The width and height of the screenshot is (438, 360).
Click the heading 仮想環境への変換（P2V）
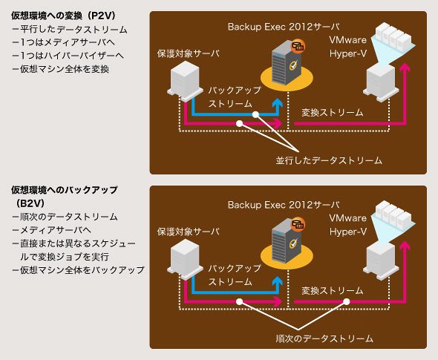click(63, 16)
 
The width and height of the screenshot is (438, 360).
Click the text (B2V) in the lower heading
click(30, 203)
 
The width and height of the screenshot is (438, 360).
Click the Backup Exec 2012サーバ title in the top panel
click(284, 27)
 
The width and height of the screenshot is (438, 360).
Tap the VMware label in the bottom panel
click(347, 217)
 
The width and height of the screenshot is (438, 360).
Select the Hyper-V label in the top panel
click(348, 53)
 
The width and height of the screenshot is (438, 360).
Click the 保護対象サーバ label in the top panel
click(189, 53)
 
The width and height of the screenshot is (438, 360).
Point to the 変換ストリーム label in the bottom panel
click(333, 291)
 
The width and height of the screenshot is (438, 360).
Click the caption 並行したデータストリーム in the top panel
click(329, 160)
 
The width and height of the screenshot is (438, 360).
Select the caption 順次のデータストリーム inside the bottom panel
click(324, 338)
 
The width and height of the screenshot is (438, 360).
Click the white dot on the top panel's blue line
click(255, 114)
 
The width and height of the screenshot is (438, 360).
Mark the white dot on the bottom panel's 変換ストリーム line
click(347, 301)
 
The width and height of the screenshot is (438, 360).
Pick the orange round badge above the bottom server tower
click(298, 224)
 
